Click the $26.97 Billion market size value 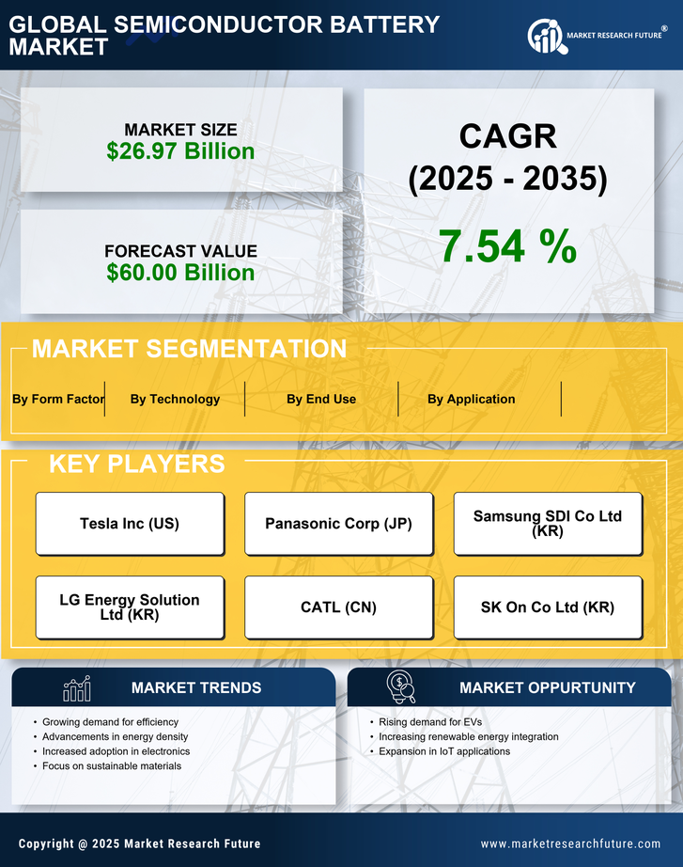pos(180,151)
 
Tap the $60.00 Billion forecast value pos(180,273)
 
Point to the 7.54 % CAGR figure pos(507,246)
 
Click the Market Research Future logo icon pos(545,37)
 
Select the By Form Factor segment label pos(58,399)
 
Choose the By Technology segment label pos(175,399)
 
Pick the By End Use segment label pos(321,399)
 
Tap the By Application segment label pos(471,399)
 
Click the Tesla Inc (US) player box pos(130,524)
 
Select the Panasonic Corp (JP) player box pos(338,524)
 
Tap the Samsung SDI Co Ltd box pos(548,524)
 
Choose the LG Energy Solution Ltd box pos(130,607)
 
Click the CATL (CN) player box pos(338,607)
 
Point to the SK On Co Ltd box pos(548,607)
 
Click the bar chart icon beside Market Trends pos(76,688)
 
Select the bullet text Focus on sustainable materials pos(112,765)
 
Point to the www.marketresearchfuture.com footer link pos(570,843)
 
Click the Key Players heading pos(136,464)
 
